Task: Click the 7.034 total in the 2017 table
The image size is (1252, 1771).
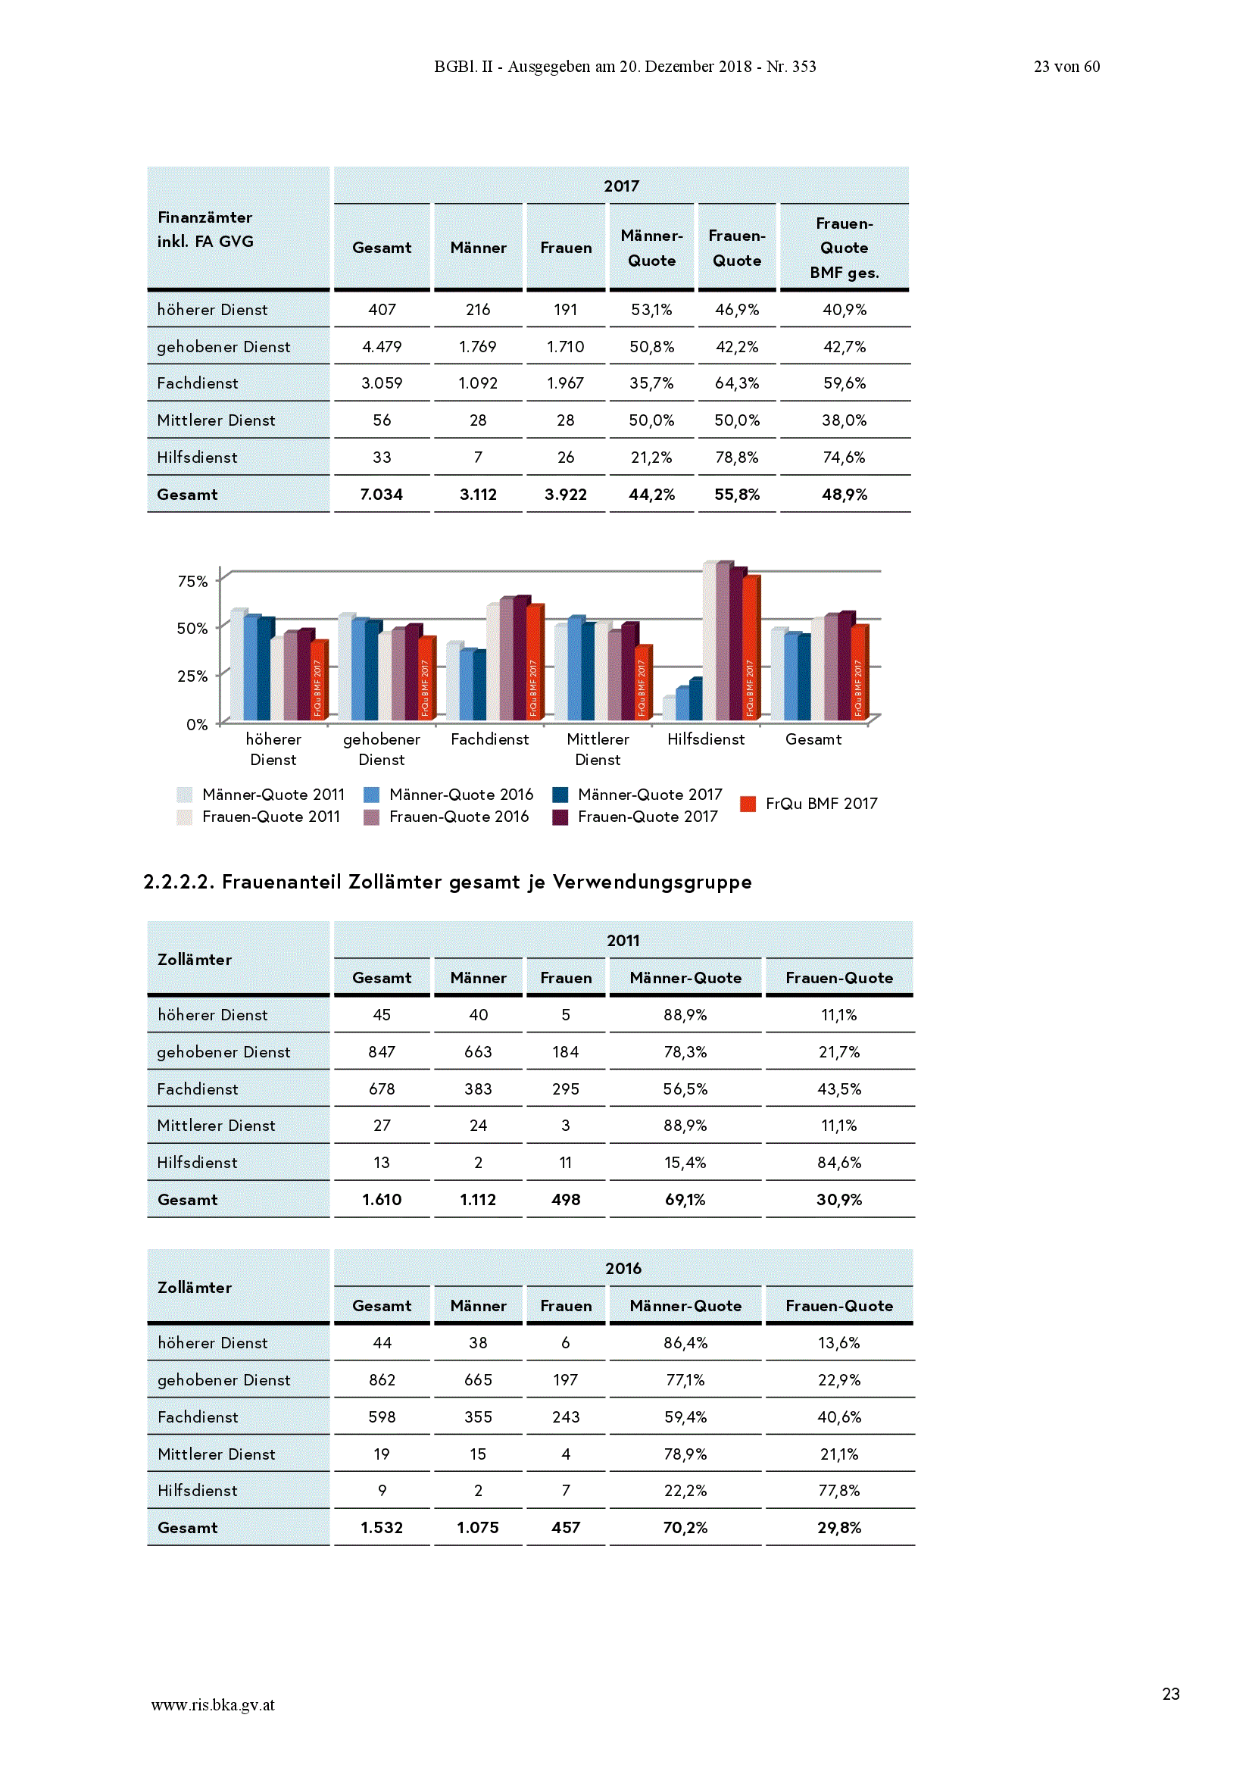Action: pyautogui.click(x=381, y=495)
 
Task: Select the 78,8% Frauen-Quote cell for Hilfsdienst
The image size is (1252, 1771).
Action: pyautogui.click(x=737, y=458)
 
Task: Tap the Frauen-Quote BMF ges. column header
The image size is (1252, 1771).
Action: pyautogui.click(x=844, y=248)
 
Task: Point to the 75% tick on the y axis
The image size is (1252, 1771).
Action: pyautogui.click(x=193, y=581)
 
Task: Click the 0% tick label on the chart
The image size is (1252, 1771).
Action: pyautogui.click(x=198, y=724)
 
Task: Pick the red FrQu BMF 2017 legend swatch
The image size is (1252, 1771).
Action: pyautogui.click(x=748, y=804)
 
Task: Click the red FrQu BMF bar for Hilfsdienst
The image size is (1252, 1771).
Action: pyautogui.click(x=751, y=646)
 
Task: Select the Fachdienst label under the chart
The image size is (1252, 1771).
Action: pyautogui.click(x=490, y=739)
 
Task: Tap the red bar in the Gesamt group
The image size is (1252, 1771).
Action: pyautogui.click(x=860, y=671)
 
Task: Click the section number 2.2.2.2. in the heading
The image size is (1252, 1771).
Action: pyautogui.click(x=178, y=882)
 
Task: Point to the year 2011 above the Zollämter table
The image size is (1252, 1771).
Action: pyautogui.click(x=623, y=940)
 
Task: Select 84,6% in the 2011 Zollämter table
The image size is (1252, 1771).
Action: pyautogui.click(x=839, y=1163)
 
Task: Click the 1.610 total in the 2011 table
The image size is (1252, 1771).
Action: pyautogui.click(x=381, y=1199)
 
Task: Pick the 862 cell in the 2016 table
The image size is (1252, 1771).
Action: pyautogui.click(x=382, y=1380)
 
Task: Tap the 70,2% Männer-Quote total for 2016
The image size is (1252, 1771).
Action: pyautogui.click(x=685, y=1528)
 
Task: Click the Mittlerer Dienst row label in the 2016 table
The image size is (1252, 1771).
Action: pyautogui.click(x=216, y=1454)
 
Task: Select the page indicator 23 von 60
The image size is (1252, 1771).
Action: pyautogui.click(x=1067, y=67)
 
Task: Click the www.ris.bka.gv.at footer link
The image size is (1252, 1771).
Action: pyautogui.click(x=213, y=1704)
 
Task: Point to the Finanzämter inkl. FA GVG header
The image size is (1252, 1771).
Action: pyautogui.click(x=205, y=229)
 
